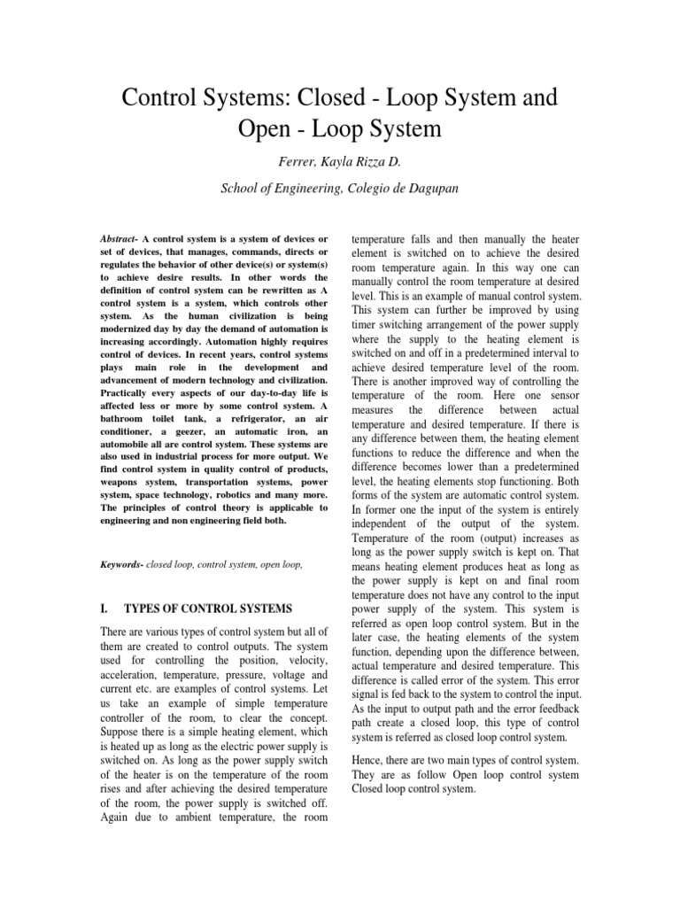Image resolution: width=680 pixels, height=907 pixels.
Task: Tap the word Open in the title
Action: pyautogui.click(x=268, y=129)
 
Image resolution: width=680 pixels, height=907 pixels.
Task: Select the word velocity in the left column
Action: pyautogui.click(x=304, y=663)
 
